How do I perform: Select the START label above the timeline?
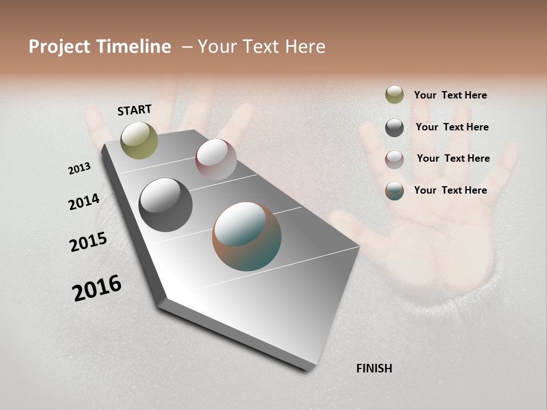tap(134, 110)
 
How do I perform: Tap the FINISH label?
tap(374, 368)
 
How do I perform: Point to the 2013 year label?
tap(80, 169)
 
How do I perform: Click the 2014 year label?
tap(84, 202)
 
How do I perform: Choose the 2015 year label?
tap(88, 242)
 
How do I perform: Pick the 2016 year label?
tap(97, 288)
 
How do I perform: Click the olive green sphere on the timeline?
tap(140, 141)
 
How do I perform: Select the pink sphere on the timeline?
tap(216, 159)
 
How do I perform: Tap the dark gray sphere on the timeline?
tap(166, 205)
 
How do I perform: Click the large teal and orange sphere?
tap(247, 236)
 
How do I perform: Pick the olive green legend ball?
tap(394, 95)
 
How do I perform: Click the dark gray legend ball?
tap(394, 128)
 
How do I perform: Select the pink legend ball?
tap(394, 159)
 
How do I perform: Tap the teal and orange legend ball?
tap(394, 191)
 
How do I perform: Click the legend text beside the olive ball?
tap(450, 96)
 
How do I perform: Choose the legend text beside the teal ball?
tap(450, 190)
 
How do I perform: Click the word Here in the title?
tap(305, 47)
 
